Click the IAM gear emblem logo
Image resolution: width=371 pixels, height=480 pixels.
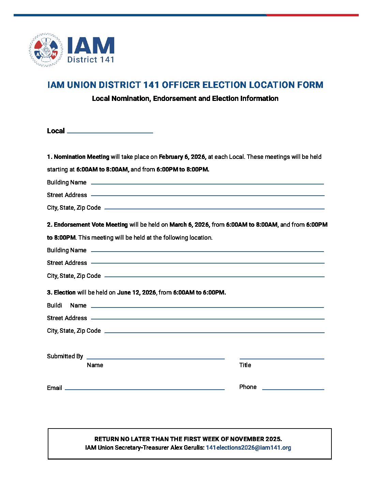click(x=46, y=50)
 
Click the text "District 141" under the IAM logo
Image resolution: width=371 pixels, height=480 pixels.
click(x=91, y=60)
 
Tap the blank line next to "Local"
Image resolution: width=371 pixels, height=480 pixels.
click(x=110, y=132)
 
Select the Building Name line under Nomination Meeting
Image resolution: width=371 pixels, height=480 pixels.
click(x=207, y=183)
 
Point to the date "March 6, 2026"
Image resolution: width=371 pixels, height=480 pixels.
click(x=189, y=225)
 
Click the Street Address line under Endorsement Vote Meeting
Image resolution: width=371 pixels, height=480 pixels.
click(x=207, y=262)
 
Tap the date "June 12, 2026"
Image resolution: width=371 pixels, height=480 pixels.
click(x=136, y=292)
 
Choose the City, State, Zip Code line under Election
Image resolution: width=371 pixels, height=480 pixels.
click(x=214, y=332)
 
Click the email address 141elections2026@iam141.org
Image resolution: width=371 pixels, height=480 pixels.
click(x=248, y=448)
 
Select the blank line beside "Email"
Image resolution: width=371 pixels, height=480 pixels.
click(x=145, y=389)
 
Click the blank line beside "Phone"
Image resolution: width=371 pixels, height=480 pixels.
click(x=293, y=389)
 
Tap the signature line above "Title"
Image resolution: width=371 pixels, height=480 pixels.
click(x=282, y=358)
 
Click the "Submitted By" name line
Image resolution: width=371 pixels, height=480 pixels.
click(x=155, y=358)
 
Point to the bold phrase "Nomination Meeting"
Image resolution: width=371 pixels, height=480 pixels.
click(x=81, y=157)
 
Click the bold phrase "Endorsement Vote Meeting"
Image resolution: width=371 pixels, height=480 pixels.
click(x=91, y=225)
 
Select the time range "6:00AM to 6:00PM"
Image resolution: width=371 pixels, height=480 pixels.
click(x=199, y=292)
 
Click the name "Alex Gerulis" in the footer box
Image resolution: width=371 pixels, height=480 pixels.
click(x=187, y=448)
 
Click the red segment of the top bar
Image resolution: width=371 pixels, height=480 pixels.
click(x=312, y=15)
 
